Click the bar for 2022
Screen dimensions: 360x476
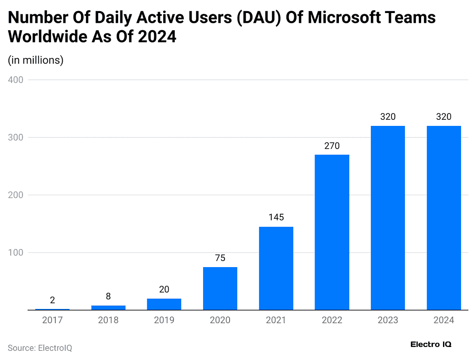(332, 232)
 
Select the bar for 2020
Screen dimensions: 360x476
(220, 288)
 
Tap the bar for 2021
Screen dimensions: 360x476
(276, 268)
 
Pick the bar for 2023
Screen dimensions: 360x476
(388, 218)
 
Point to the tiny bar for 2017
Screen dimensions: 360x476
(52, 309)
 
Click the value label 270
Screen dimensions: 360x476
(332, 146)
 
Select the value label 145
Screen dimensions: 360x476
(276, 217)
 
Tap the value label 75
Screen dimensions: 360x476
(220, 258)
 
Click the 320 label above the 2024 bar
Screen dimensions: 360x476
(443, 117)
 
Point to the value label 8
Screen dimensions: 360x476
(108, 296)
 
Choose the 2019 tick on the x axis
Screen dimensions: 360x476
(164, 320)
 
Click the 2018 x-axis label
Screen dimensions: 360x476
(108, 320)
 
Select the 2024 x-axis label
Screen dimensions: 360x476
(443, 320)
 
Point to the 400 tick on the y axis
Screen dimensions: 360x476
(15, 80)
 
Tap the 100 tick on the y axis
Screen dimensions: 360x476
(15, 253)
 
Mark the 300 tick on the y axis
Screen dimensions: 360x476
(15, 137)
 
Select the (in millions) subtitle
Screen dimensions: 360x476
(36, 60)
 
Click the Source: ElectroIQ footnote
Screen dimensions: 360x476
(40, 347)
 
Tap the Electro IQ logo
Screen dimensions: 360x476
(431, 344)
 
